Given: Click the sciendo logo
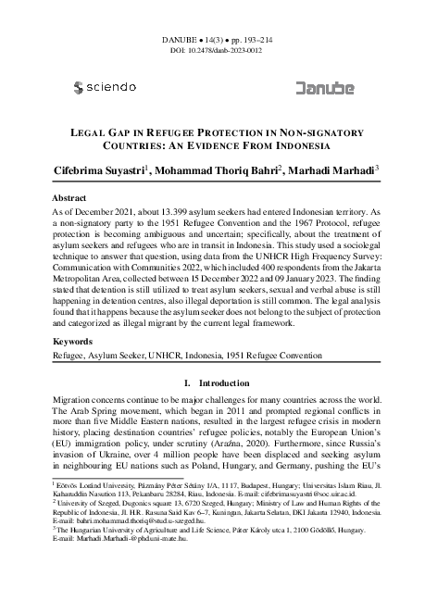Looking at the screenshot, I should point(103,87).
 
